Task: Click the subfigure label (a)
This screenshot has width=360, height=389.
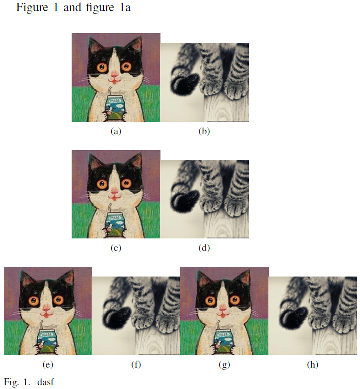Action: click(116, 131)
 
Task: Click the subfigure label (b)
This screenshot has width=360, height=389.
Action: click(204, 131)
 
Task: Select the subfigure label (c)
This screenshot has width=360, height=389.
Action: click(116, 248)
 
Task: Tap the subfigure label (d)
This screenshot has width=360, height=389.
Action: click(204, 248)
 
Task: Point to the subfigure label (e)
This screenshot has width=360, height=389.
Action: click(47, 364)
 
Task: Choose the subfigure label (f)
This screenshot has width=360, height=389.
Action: click(136, 364)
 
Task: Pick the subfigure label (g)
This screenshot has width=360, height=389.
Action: click(224, 364)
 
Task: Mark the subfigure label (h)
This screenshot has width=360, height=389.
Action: click(313, 364)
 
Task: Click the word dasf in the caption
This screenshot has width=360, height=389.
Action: click(46, 382)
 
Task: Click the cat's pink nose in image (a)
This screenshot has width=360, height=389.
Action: click(114, 74)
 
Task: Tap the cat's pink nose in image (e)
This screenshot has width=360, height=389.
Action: click(47, 309)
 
